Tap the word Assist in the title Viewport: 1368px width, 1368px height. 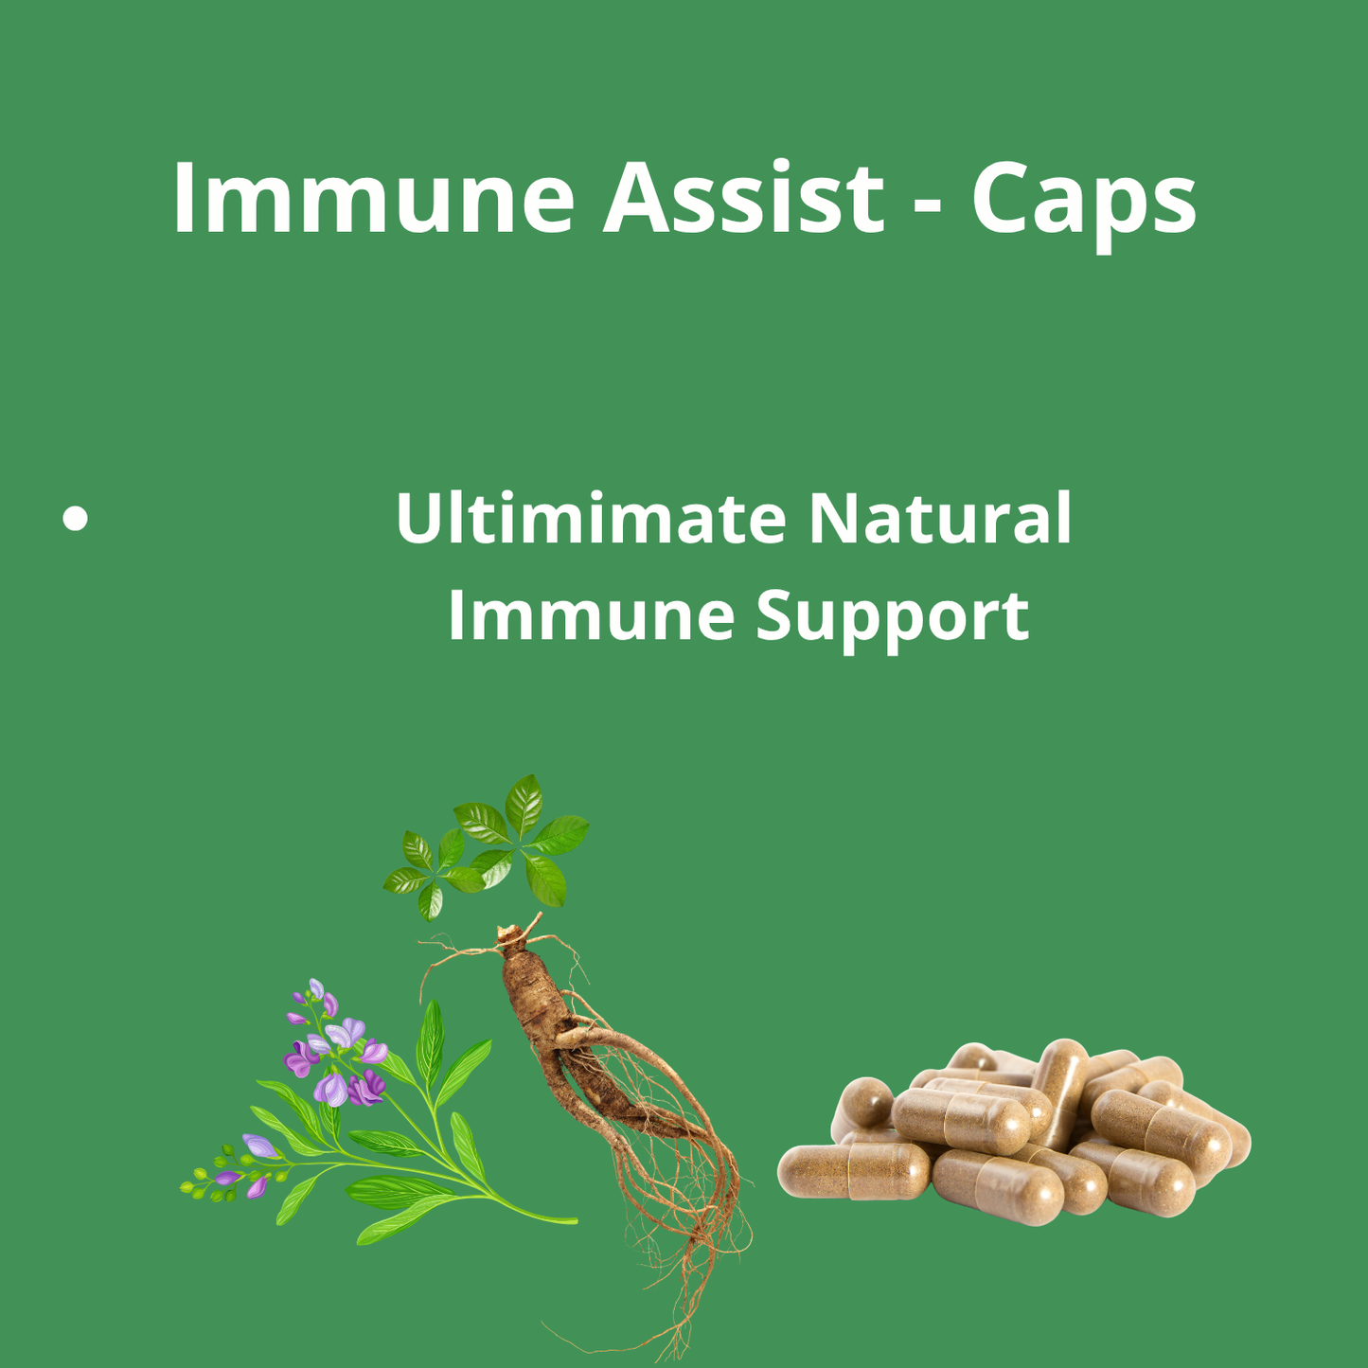(x=743, y=198)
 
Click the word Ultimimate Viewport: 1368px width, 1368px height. (x=591, y=519)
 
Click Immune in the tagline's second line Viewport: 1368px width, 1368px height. (x=591, y=615)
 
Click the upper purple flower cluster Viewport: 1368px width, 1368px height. (x=336, y=1051)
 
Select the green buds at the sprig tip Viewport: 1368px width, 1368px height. (x=204, y=1183)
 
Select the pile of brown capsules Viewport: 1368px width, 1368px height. (x=1013, y=1136)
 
